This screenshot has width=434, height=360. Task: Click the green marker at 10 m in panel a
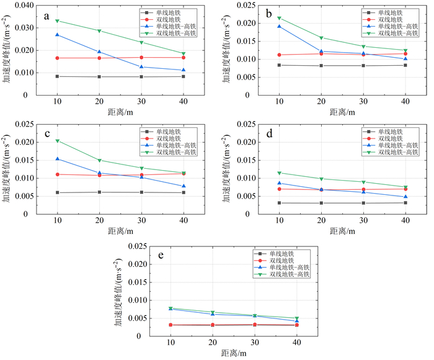[57, 20]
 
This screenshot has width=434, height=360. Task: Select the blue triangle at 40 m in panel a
[183, 70]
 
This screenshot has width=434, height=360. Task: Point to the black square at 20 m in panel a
[99, 77]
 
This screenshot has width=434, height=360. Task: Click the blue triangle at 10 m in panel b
[279, 26]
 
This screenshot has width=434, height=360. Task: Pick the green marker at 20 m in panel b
[321, 38]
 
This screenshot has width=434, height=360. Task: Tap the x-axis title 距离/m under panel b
[342, 112]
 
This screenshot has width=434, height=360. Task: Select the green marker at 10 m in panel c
[57, 141]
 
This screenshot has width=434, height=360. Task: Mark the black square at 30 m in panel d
[363, 203]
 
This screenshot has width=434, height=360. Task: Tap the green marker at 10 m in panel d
[279, 173]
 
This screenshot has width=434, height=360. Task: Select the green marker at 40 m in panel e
[296, 319]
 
